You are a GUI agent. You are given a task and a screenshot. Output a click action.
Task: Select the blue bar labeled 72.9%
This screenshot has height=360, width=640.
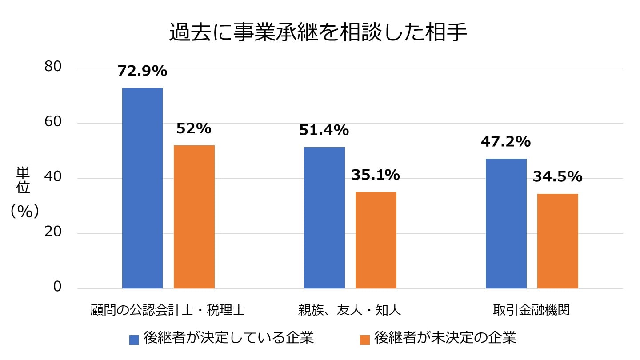pos(142,188)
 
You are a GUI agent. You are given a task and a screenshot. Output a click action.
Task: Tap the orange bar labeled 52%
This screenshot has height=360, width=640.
pos(194,217)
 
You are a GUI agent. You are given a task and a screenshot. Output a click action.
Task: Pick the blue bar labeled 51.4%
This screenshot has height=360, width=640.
pos(324,218)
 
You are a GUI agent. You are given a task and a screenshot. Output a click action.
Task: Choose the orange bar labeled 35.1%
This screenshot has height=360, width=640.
pos(376,240)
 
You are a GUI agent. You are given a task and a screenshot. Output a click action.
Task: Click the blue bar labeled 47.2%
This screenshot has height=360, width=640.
pos(506,224)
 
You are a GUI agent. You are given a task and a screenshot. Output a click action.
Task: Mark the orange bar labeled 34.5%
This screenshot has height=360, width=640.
pos(557,241)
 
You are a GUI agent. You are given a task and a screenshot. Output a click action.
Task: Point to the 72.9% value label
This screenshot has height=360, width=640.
pos(142,71)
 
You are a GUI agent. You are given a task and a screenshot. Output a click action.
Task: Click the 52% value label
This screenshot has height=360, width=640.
pos(194,128)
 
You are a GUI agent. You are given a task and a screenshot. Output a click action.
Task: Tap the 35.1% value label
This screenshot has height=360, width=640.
pos(376,175)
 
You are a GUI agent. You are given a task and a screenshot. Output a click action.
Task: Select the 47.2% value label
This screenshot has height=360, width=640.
pos(506,142)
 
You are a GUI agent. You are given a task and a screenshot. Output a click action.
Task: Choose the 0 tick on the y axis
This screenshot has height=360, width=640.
pos(57,287)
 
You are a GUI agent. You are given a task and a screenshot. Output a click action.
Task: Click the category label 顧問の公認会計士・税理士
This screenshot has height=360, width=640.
pos(168,310)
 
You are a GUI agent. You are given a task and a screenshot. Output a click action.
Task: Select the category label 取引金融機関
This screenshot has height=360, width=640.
pos(532,310)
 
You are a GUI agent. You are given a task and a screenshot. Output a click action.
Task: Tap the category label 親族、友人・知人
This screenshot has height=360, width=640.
pos(349,310)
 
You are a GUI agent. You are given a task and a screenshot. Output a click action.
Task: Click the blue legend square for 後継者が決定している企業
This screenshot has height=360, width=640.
pos(134,340)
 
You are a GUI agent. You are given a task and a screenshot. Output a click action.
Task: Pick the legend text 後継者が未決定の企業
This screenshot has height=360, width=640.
pos(445,338)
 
